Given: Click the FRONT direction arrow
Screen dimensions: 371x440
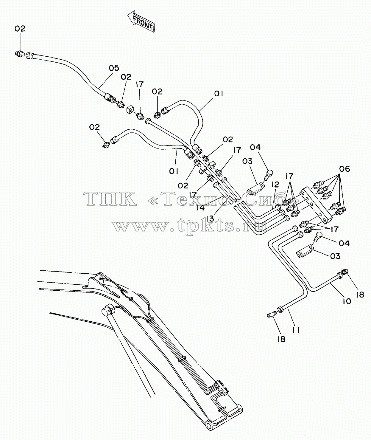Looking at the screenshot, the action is click(141, 21).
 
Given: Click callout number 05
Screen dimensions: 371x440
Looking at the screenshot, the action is click(114, 68).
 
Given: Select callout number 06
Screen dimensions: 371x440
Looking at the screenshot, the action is click(345, 169).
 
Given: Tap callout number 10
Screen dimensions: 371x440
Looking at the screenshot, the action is click(347, 301).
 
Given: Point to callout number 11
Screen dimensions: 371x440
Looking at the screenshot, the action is click(296, 330).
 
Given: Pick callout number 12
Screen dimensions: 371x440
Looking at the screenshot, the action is click(275, 185).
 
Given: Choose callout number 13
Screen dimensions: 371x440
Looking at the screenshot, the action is click(210, 219).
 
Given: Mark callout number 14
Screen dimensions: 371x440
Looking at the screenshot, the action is click(200, 208).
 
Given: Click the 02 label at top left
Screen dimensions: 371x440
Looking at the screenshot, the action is click(20, 28).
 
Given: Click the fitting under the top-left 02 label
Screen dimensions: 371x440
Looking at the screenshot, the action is click(20, 54).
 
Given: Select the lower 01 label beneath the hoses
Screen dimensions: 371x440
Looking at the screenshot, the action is click(174, 171).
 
